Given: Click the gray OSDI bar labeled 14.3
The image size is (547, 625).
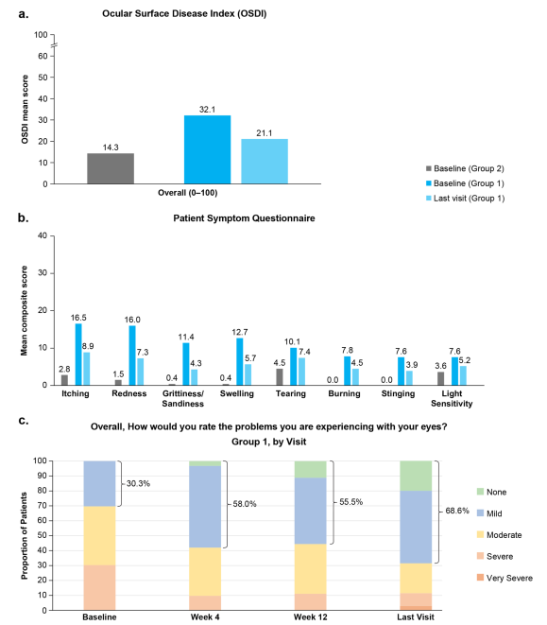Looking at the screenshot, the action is pyautogui.click(x=111, y=168).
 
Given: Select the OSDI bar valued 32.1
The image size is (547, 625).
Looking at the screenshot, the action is pyautogui.click(x=207, y=149).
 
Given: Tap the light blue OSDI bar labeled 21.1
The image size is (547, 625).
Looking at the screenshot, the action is pyautogui.click(x=265, y=161).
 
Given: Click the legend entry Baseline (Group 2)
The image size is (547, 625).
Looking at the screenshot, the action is pyautogui.click(x=465, y=168).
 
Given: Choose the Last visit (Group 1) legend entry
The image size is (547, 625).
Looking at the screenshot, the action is pyautogui.click(x=465, y=199).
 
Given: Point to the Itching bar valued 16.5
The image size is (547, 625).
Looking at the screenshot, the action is pyautogui.click(x=78, y=355).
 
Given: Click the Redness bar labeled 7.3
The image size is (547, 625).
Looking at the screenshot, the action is pyautogui.click(x=140, y=372).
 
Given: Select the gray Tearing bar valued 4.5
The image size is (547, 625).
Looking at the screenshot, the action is pyautogui.click(x=280, y=376).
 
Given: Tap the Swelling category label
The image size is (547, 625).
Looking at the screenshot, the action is pyautogui.click(x=236, y=393).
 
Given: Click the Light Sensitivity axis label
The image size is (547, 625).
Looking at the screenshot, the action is pyautogui.click(x=452, y=398).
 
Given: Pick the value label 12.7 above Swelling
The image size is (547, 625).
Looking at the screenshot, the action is pyautogui.click(x=240, y=332).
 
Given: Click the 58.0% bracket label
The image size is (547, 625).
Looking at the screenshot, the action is pyautogui.click(x=245, y=504).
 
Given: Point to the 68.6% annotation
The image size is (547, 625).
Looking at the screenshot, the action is pyautogui.click(x=457, y=511).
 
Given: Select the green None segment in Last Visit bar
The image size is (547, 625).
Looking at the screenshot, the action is pyautogui.click(x=416, y=476).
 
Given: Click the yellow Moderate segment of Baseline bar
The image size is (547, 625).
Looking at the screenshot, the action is pyautogui.click(x=99, y=536).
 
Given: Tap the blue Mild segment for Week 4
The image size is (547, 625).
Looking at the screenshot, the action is pyautogui.click(x=205, y=507).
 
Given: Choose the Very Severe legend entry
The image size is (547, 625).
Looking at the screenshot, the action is pyautogui.click(x=504, y=578).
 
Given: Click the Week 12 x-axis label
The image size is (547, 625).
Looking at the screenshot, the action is pyautogui.click(x=311, y=616).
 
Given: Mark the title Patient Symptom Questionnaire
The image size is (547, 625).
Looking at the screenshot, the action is pyautogui.click(x=244, y=218).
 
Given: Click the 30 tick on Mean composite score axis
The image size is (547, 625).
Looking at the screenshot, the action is pyautogui.click(x=43, y=273).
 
